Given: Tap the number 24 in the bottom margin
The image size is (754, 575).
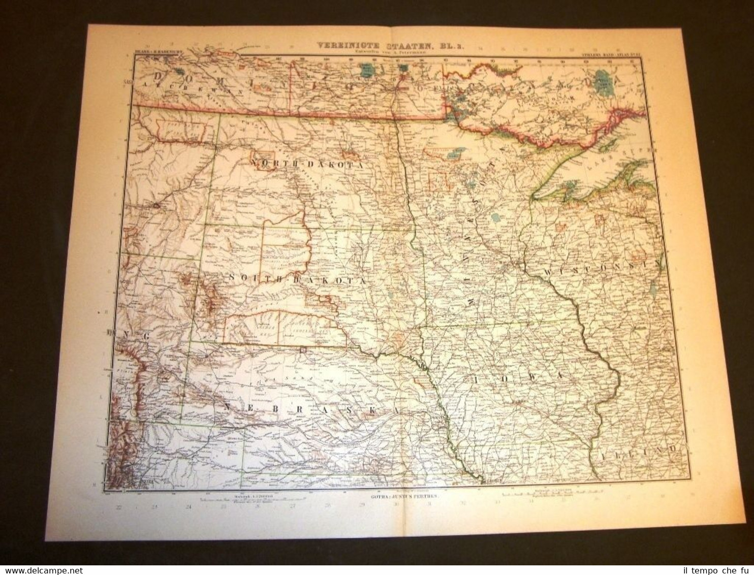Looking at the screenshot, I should point(188,506).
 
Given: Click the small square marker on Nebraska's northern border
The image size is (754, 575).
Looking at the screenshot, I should point(303,349).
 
